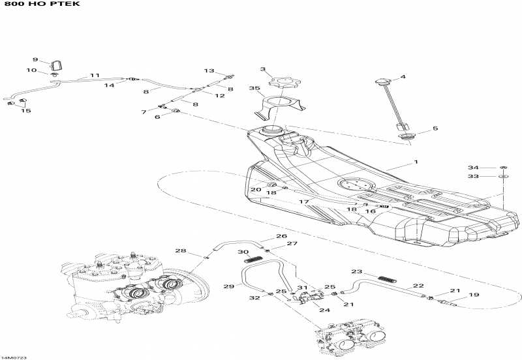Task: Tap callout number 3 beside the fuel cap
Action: pyautogui.click(x=263, y=69)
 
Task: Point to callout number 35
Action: pyautogui.click(x=254, y=88)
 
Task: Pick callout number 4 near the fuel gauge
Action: pyautogui.click(x=403, y=77)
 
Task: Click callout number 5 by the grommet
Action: pyautogui.click(x=435, y=129)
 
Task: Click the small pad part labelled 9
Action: pyautogui.click(x=57, y=65)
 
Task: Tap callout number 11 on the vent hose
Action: pyautogui.click(x=95, y=76)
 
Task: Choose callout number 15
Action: pyautogui.click(x=26, y=111)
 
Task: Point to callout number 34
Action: pyautogui.click(x=472, y=168)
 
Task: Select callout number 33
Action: pyautogui.click(x=472, y=177)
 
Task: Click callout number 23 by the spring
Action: pyautogui.click(x=356, y=272)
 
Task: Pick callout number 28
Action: pyautogui.click(x=180, y=251)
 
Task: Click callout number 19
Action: pyautogui.click(x=474, y=295)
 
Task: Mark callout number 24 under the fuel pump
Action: pyautogui.click(x=324, y=310)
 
